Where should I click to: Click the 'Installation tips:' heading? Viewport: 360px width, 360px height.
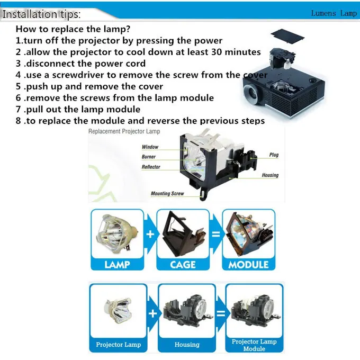coord(42,14)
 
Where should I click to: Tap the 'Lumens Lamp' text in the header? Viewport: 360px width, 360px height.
coord(334,13)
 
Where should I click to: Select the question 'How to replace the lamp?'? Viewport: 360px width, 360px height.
coord(73,29)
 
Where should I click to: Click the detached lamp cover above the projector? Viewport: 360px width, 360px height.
coord(287,34)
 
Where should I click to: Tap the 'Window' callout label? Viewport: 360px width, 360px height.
coord(150,147)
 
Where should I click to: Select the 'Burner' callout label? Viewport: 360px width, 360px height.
coord(149,157)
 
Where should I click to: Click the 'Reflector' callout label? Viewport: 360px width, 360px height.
coord(151,167)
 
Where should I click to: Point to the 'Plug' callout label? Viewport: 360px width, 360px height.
coord(274,155)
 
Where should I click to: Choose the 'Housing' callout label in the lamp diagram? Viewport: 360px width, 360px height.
coord(270,175)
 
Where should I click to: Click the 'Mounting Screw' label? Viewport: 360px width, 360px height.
coord(167,194)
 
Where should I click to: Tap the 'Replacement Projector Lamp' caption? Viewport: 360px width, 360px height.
coord(124,131)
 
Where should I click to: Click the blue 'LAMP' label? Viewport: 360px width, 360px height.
coord(117,264)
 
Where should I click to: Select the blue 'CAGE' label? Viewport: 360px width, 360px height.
coord(183,264)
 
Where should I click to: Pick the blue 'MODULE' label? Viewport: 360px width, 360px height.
coord(248,264)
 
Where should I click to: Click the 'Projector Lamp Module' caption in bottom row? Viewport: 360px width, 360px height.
coord(254,345)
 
